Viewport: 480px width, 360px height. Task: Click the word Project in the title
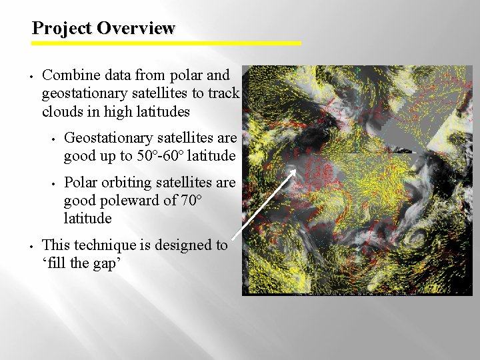click(62, 28)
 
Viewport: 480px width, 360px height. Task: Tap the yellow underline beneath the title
click(167, 43)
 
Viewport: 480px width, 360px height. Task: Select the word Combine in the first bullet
click(69, 75)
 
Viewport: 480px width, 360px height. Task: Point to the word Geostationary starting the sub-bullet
click(109, 138)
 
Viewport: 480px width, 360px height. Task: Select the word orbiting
click(125, 183)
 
